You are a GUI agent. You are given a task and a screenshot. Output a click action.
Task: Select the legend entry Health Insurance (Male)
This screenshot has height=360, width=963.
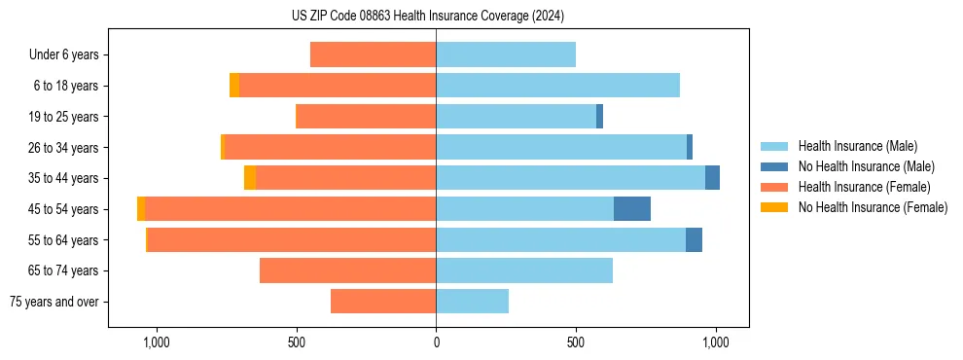coord(857,146)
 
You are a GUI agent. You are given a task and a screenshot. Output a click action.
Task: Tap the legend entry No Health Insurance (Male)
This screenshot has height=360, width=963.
coord(866,166)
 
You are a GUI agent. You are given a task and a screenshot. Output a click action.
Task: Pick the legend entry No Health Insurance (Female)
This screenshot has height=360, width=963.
coord(873,207)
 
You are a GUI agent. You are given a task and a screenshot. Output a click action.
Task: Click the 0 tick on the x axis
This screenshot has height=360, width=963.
coord(436,342)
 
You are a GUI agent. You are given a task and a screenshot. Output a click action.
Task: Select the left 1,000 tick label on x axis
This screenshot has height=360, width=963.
coord(157,342)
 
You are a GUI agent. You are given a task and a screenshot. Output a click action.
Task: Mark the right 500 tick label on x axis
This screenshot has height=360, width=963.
coord(576,342)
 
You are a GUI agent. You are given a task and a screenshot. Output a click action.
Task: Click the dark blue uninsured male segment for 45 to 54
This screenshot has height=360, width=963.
coord(632,209)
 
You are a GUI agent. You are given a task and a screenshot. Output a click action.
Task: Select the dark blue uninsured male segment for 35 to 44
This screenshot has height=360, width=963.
coord(712,178)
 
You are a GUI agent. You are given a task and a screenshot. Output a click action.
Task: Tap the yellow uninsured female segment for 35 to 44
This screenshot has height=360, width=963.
coord(250,178)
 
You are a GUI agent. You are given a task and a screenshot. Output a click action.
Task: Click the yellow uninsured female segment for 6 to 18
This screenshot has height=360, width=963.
coord(234,86)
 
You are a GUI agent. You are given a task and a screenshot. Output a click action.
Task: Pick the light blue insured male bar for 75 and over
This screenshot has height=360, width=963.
coord(472,302)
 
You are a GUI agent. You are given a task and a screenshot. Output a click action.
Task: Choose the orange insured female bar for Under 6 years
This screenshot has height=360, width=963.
coord(373,55)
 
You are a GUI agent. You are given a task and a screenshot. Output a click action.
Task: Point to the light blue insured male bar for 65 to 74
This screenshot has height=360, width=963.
coord(524,270)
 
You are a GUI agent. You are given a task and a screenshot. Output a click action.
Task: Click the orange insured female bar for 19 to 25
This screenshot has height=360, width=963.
coord(366,117)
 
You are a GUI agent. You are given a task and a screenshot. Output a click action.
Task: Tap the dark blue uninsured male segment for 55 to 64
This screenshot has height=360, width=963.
coord(694,240)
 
